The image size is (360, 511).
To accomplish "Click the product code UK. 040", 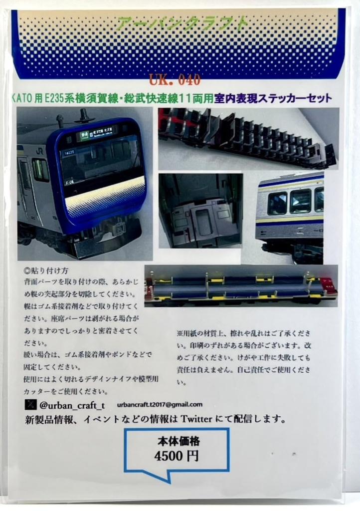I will tap(175, 79).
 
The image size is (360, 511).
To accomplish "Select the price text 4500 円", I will tap(177, 456).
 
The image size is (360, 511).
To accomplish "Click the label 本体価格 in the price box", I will tap(177, 441).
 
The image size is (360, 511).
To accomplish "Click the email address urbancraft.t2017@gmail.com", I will tap(160, 404).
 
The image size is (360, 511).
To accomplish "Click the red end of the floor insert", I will tap(328, 285).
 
